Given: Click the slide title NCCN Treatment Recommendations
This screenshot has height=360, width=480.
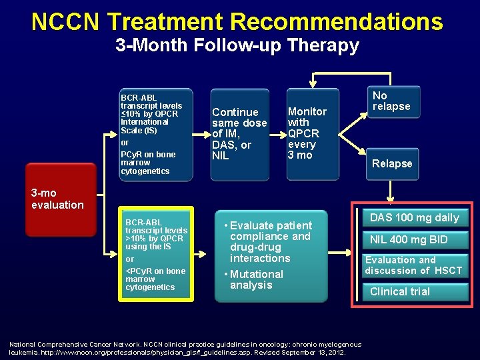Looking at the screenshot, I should tap(237, 21).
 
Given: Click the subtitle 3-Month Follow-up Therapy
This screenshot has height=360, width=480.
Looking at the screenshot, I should tap(237, 46).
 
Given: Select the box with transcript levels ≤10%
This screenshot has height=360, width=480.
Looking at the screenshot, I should tap(155, 134).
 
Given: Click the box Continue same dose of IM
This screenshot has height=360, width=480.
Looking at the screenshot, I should tap(239, 134).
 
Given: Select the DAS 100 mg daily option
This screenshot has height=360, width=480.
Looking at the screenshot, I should tap(414, 217).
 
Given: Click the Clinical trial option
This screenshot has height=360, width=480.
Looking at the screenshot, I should tap(400, 291).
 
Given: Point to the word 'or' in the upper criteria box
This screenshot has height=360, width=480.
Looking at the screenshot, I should tap(125, 143).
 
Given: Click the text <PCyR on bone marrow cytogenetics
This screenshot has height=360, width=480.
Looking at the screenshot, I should tap(155, 279).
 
